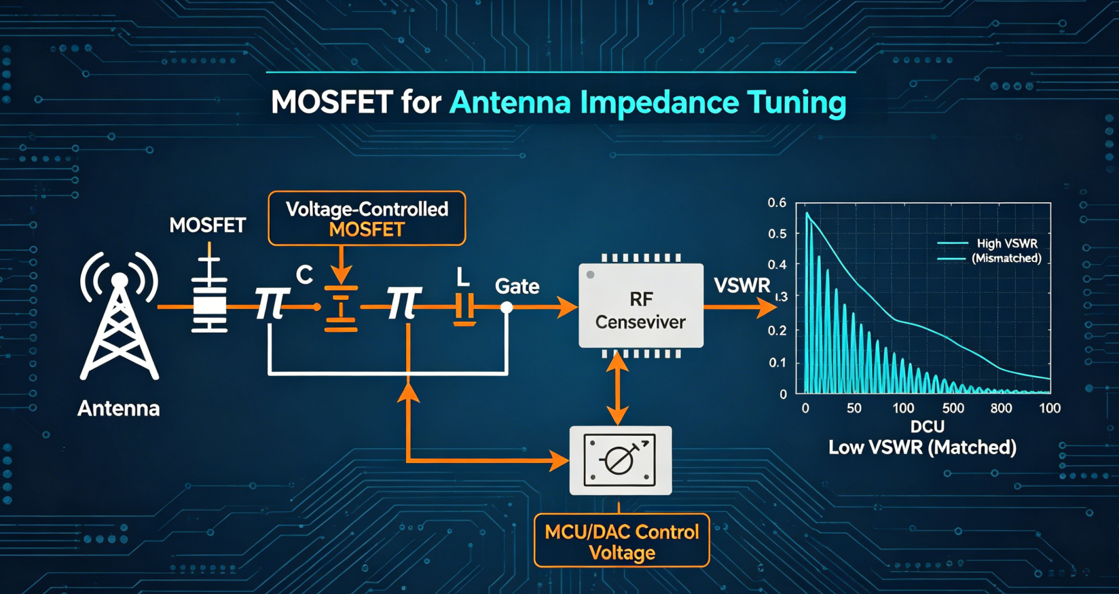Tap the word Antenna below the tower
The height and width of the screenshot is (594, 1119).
(x=119, y=409)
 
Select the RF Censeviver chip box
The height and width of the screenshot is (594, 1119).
(x=641, y=305)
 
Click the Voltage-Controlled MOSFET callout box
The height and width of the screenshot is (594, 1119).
(x=367, y=219)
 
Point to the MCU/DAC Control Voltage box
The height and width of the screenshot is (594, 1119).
(x=621, y=540)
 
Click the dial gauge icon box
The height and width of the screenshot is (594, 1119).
(x=621, y=460)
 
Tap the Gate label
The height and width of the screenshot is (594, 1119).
(x=517, y=286)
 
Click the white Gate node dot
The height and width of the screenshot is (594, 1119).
(x=507, y=308)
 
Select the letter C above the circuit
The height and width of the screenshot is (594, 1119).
(x=304, y=275)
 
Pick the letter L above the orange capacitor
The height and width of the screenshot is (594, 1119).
(x=462, y=277)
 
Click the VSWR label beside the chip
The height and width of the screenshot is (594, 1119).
(x=742, y=286)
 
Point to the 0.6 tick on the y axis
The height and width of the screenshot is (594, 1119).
(x=777, y=203)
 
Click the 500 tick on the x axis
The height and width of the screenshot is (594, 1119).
(x=953, y=408)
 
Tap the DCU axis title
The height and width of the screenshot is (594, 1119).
(x=928, y=426)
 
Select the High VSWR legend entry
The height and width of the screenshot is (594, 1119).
(x=1007, y=243)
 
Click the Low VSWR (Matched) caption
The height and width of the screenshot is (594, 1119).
(x=922, y=447)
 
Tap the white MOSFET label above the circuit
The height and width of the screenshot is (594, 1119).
(x=207, y=225)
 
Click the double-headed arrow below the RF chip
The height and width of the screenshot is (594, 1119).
(x=618, y=388)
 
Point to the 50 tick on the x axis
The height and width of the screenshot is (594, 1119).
(x=854, y=408)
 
